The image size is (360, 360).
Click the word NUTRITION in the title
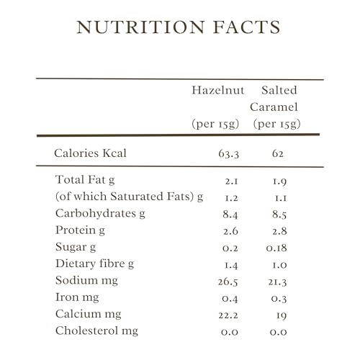point(140,27)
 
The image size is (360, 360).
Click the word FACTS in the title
point(247,27)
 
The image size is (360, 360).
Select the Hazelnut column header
point(218,90)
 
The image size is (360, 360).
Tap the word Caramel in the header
point(274,107)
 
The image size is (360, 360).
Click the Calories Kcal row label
point(90,153)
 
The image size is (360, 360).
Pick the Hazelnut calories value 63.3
point(229,154)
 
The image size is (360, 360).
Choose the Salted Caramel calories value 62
point(278,153)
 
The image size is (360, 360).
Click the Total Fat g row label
point(85,180)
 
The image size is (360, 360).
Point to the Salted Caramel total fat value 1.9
point(279,181)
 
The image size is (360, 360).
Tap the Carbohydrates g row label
point(100,214)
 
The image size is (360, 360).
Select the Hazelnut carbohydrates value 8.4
point(230,215)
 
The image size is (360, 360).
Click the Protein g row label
point(80,230)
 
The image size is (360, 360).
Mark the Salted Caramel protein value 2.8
point(279,231)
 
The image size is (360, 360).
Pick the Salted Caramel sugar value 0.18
point(276,248)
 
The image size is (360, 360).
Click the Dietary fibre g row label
point(94,264)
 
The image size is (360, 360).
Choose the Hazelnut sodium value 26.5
point(228,282)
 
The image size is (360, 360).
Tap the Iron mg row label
point(77,297)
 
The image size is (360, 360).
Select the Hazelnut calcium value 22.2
point(228,315)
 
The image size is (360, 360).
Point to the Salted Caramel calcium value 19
point(282,315)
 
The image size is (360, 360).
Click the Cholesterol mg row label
point(96,330)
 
